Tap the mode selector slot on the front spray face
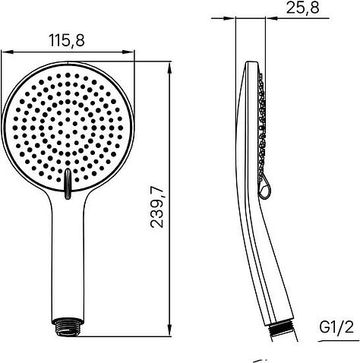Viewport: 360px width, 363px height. click(x=68, y=183)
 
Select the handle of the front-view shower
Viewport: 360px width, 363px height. click(x=68, y=258)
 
